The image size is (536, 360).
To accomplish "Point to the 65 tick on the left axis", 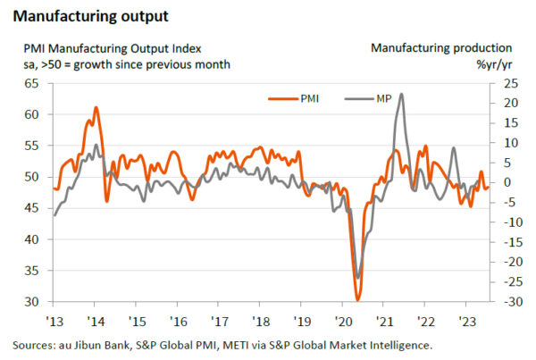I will tap(32, 83).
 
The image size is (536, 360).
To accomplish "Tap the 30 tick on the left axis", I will tap(32, 302).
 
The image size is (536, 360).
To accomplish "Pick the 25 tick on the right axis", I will tap(507, 83).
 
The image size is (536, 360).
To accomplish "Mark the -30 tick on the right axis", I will tap(507, 302).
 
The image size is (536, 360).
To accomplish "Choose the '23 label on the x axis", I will tap(465, 321).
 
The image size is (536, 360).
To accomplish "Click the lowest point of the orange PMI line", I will tap(357, 300).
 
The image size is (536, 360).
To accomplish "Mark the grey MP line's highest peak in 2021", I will tap(401, 94).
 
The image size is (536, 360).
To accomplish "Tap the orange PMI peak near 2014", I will tap(96, 108).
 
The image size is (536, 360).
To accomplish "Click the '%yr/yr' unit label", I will tap(492, 64).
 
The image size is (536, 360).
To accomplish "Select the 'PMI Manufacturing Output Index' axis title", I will tap(113, 48).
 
